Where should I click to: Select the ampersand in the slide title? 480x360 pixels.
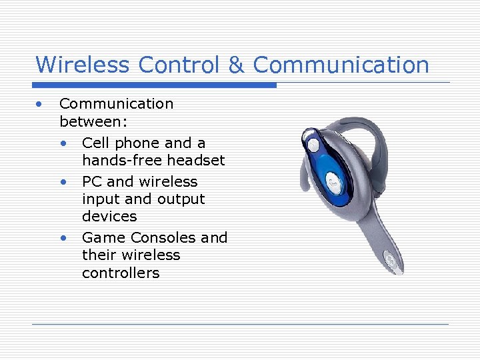(x=236, y=65)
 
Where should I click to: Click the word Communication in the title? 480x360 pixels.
(x=341, y=65)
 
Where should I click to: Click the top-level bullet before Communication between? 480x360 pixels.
(x=40, y=104)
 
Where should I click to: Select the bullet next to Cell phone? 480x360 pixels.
(x=63, y=143)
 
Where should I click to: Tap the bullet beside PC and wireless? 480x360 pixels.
(x=63, y=182)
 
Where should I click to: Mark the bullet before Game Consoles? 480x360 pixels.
(x=63, y=238)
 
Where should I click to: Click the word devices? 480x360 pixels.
(x=109, y=217)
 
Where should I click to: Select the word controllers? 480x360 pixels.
(x=121, y=273)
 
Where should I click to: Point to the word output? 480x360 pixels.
(x=181, y=199)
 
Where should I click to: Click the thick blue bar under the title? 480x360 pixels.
(x=155, y=85)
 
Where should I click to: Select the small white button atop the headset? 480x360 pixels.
(x=312, y=143)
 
